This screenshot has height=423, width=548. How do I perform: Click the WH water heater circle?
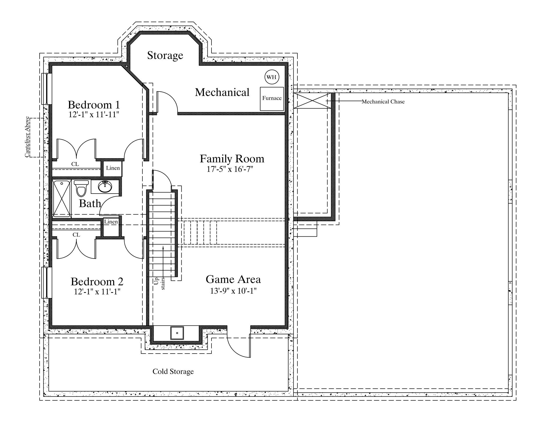(x=272, y=77)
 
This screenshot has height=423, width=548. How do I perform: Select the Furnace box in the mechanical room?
(x=272, y=99)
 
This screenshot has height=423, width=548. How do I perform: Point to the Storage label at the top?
(x=165, y=55)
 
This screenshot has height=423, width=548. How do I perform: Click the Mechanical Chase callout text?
(x=383, y=102)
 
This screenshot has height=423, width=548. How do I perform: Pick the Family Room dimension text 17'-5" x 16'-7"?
(x=230, y=169)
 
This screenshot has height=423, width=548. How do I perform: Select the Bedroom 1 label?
(x=94, y=105)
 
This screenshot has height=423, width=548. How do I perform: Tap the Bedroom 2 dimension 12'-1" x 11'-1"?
(x=97, y=291)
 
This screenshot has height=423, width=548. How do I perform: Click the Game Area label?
(x=233, y=279)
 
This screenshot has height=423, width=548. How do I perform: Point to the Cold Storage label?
(x=173, y=371)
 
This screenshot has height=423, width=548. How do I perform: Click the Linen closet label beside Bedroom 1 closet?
(x=113, y=168)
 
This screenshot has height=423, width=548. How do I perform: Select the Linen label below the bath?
(x=111, y=221)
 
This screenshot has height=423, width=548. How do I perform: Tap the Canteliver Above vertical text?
(x=27, y=137)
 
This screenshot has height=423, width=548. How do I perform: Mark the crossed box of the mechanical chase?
(x=312, y=101)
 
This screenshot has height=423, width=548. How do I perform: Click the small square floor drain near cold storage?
(x=177, y=333)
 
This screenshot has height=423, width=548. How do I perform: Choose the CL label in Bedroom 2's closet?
(x=76, y=235)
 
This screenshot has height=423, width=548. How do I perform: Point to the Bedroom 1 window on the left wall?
(x=47, y=89)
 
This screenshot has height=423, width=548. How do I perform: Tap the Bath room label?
(x=90, y=204)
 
